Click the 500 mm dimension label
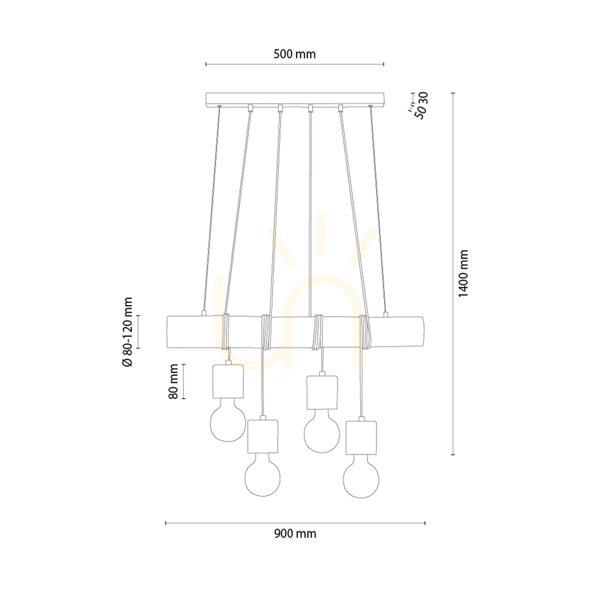[x=294, y=54]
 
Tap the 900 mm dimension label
[x=295, y=534]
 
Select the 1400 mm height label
[x=463, y=273]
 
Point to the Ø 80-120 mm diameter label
[x=128, y=332]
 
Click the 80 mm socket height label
[x=173, y=381]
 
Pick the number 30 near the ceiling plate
[x=424, y=98]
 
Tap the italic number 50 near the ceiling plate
[x=421, y=112]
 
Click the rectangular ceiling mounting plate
[x=295, y=99]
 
